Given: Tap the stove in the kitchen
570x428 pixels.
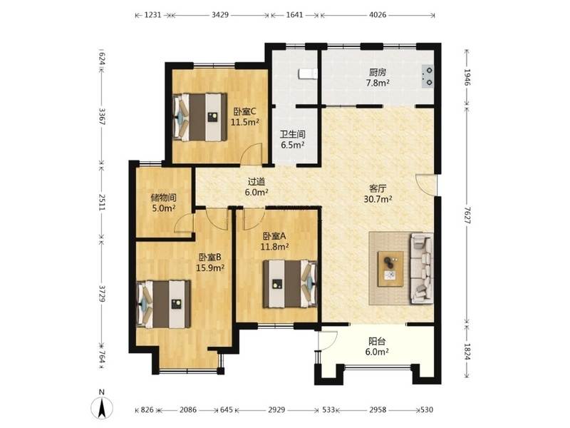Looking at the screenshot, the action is click(427, 76).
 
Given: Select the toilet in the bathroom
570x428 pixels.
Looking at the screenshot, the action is click(308, 74).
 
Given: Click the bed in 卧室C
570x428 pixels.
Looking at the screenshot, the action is click(199, 117).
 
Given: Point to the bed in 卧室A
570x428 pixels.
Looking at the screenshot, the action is click(290, 283).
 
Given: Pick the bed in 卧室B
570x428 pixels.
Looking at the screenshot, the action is click(164, 304).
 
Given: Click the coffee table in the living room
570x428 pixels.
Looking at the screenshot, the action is click(390, 269).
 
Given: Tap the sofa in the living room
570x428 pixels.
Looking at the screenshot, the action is click(422, 269).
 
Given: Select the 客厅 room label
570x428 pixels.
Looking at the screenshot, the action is click(378, 188).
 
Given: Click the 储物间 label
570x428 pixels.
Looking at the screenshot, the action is click(164, 198).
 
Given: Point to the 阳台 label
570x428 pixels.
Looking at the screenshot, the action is click(377, 342).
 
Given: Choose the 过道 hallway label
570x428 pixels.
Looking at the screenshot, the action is click(256, 182).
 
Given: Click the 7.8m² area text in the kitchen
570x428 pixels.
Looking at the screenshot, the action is click(378, 83).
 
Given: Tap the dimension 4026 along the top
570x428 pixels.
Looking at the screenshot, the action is click(378, 15).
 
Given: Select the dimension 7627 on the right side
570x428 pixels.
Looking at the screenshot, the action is click(467, 216).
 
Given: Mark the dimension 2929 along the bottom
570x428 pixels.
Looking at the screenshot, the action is click(276, 409).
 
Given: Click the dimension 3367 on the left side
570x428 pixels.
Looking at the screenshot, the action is click(102, 116).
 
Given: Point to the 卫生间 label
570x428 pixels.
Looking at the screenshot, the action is click(293, 134).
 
